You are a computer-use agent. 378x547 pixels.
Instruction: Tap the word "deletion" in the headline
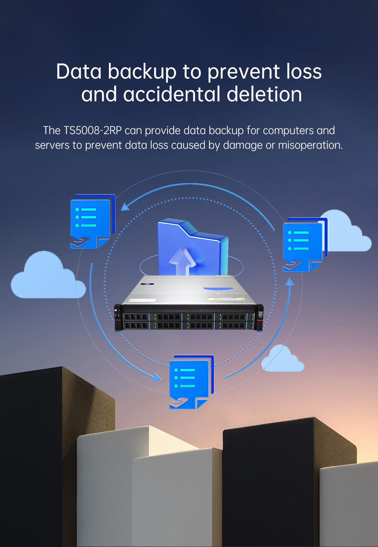[264, 94]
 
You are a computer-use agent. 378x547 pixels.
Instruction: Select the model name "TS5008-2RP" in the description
[92, 130]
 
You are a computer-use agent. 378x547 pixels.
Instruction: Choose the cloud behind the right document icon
[348, 234]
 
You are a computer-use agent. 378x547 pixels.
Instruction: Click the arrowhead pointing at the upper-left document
[125, 207]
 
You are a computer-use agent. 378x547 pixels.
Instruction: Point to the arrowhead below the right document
[289, 282]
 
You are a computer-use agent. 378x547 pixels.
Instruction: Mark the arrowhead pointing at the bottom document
[156, 378]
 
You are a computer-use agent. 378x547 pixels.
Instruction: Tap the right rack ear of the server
[260, 317]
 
